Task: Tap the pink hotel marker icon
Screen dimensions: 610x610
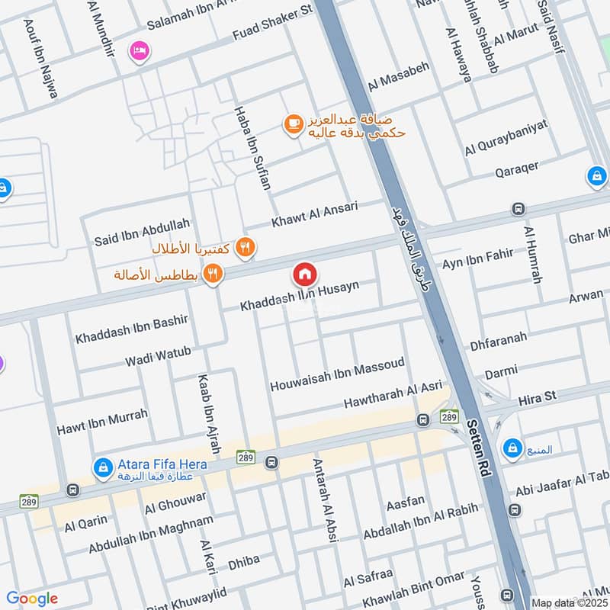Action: (x=140, y=50)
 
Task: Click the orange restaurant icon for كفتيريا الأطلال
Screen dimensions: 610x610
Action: (x=245, y=246)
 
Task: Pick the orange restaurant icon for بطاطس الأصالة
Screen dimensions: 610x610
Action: (x=213, y=274)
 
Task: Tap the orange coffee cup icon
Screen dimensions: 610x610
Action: (x=293, y=124)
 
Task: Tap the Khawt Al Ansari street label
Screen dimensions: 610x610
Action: (x=326, y=214)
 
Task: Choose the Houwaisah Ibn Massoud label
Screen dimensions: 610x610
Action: (x=337, y=376)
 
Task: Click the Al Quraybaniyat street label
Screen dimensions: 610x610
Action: (x=506, y=139)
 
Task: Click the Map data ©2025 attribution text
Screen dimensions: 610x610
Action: (x=568, y=602)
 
